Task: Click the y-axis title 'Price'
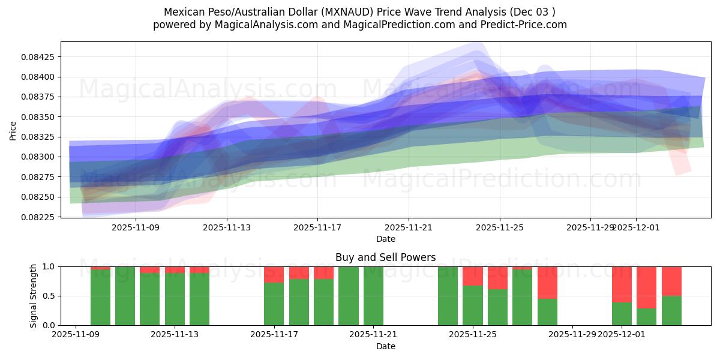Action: (x=13, y=130)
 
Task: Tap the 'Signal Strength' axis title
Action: (x=34, y=296)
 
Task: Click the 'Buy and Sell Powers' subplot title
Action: (x=385, y=258)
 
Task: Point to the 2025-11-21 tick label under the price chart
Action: (x=409, y=228)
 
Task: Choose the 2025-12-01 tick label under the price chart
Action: (x=636, y=228)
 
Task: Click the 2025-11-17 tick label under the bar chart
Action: (x=274, y=334)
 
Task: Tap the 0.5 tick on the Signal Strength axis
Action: (x=47, y=296)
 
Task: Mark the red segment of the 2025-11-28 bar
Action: (x=547, y=282)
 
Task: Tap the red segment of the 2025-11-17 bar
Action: (x=274, y=274)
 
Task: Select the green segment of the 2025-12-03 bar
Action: (x=671, y=311)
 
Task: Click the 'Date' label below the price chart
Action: (x=385, y=239)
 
